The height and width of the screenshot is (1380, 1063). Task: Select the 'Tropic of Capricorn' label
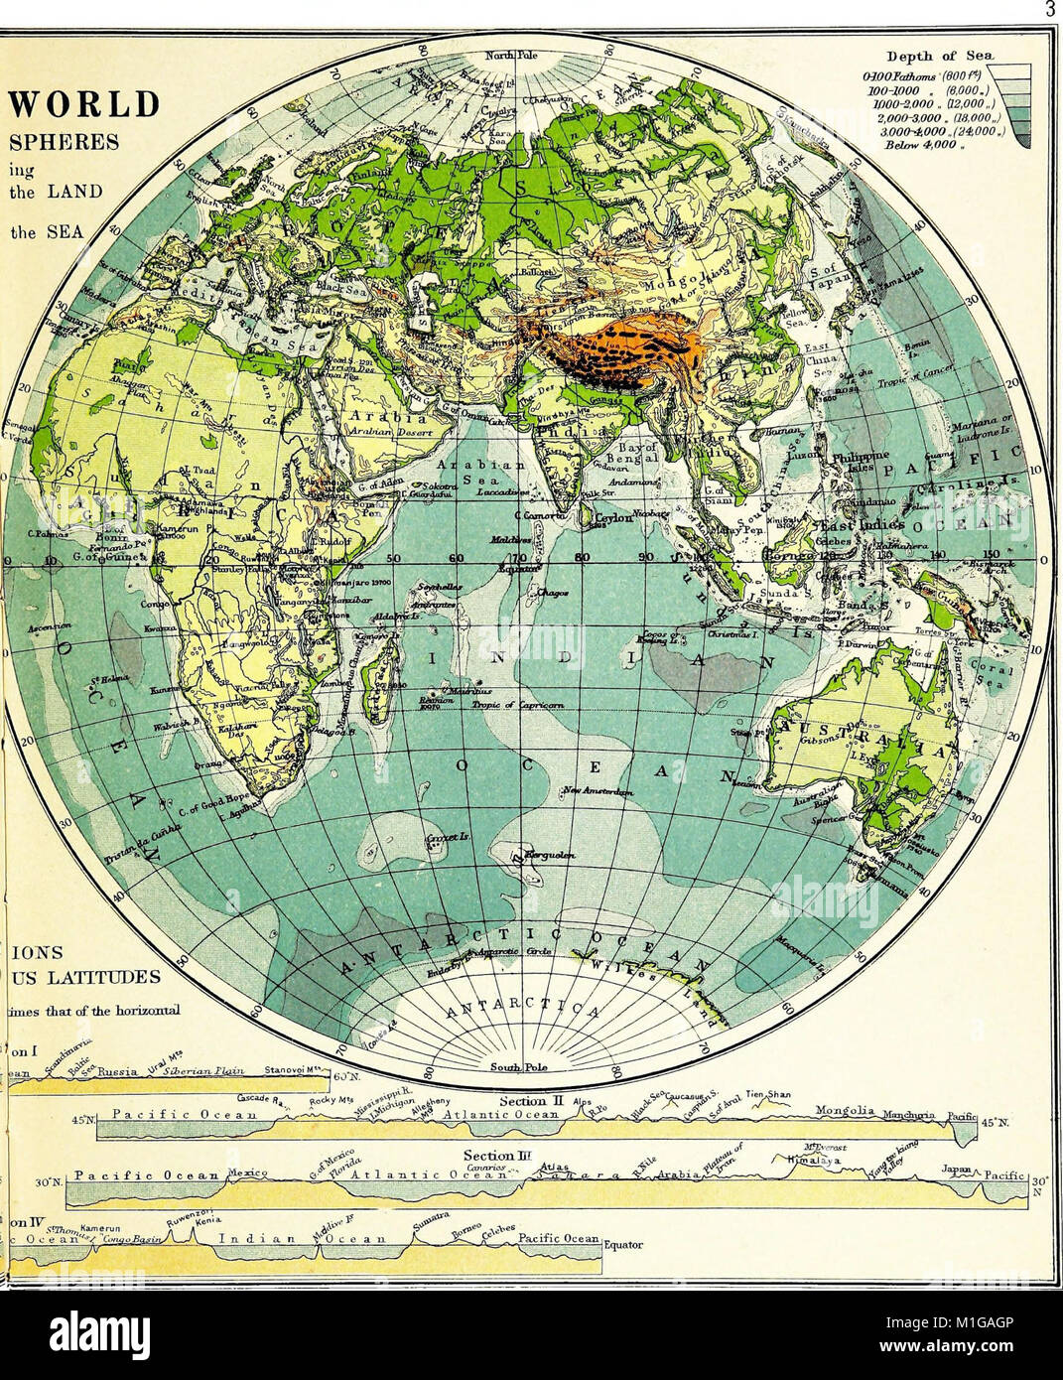click(525, 704)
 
